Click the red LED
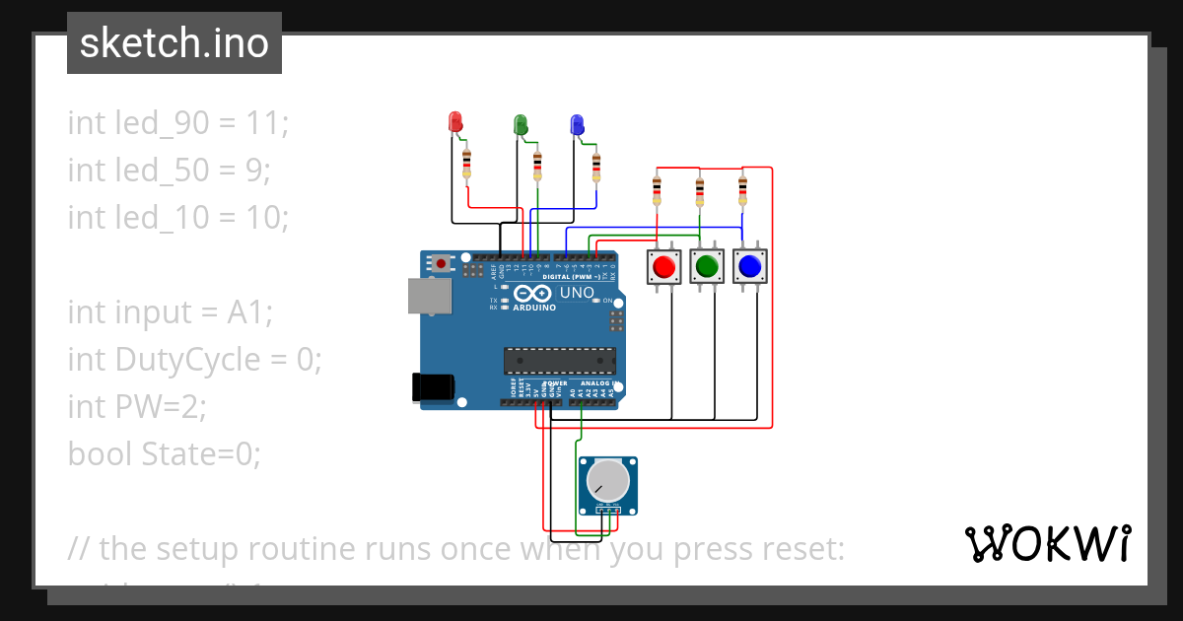coord(455,122)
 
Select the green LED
coord(521,124)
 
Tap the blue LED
coord(578,124)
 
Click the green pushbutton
coord(706,266)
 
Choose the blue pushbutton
coord(749,266)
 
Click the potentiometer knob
coord(606,481)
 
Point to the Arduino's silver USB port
coord(429,296)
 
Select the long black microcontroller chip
coord(559,361)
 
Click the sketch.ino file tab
coord(174,43)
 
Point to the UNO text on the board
coord(578,293)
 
